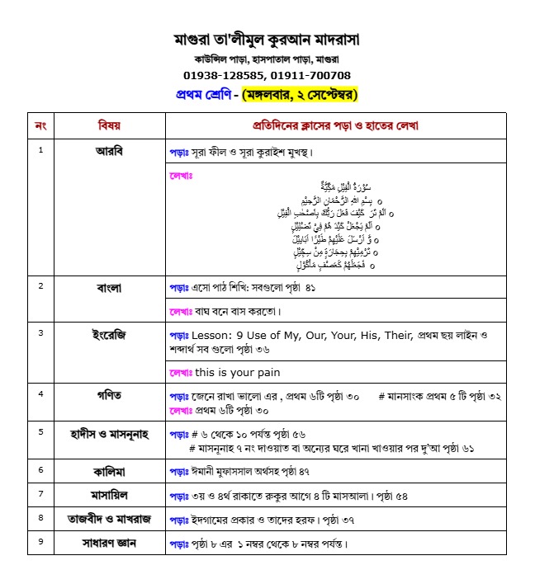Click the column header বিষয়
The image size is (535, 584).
109,125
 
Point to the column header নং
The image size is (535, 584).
40,125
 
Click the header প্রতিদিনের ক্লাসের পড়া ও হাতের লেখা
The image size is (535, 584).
335,125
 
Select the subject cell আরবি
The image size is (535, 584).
109,151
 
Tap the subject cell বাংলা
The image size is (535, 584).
109,288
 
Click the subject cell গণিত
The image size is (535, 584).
109,395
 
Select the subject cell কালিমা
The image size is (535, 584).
109,470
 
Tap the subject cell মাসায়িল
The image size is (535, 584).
109,495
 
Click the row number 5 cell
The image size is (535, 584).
40,431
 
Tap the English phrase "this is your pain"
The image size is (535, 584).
237,372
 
